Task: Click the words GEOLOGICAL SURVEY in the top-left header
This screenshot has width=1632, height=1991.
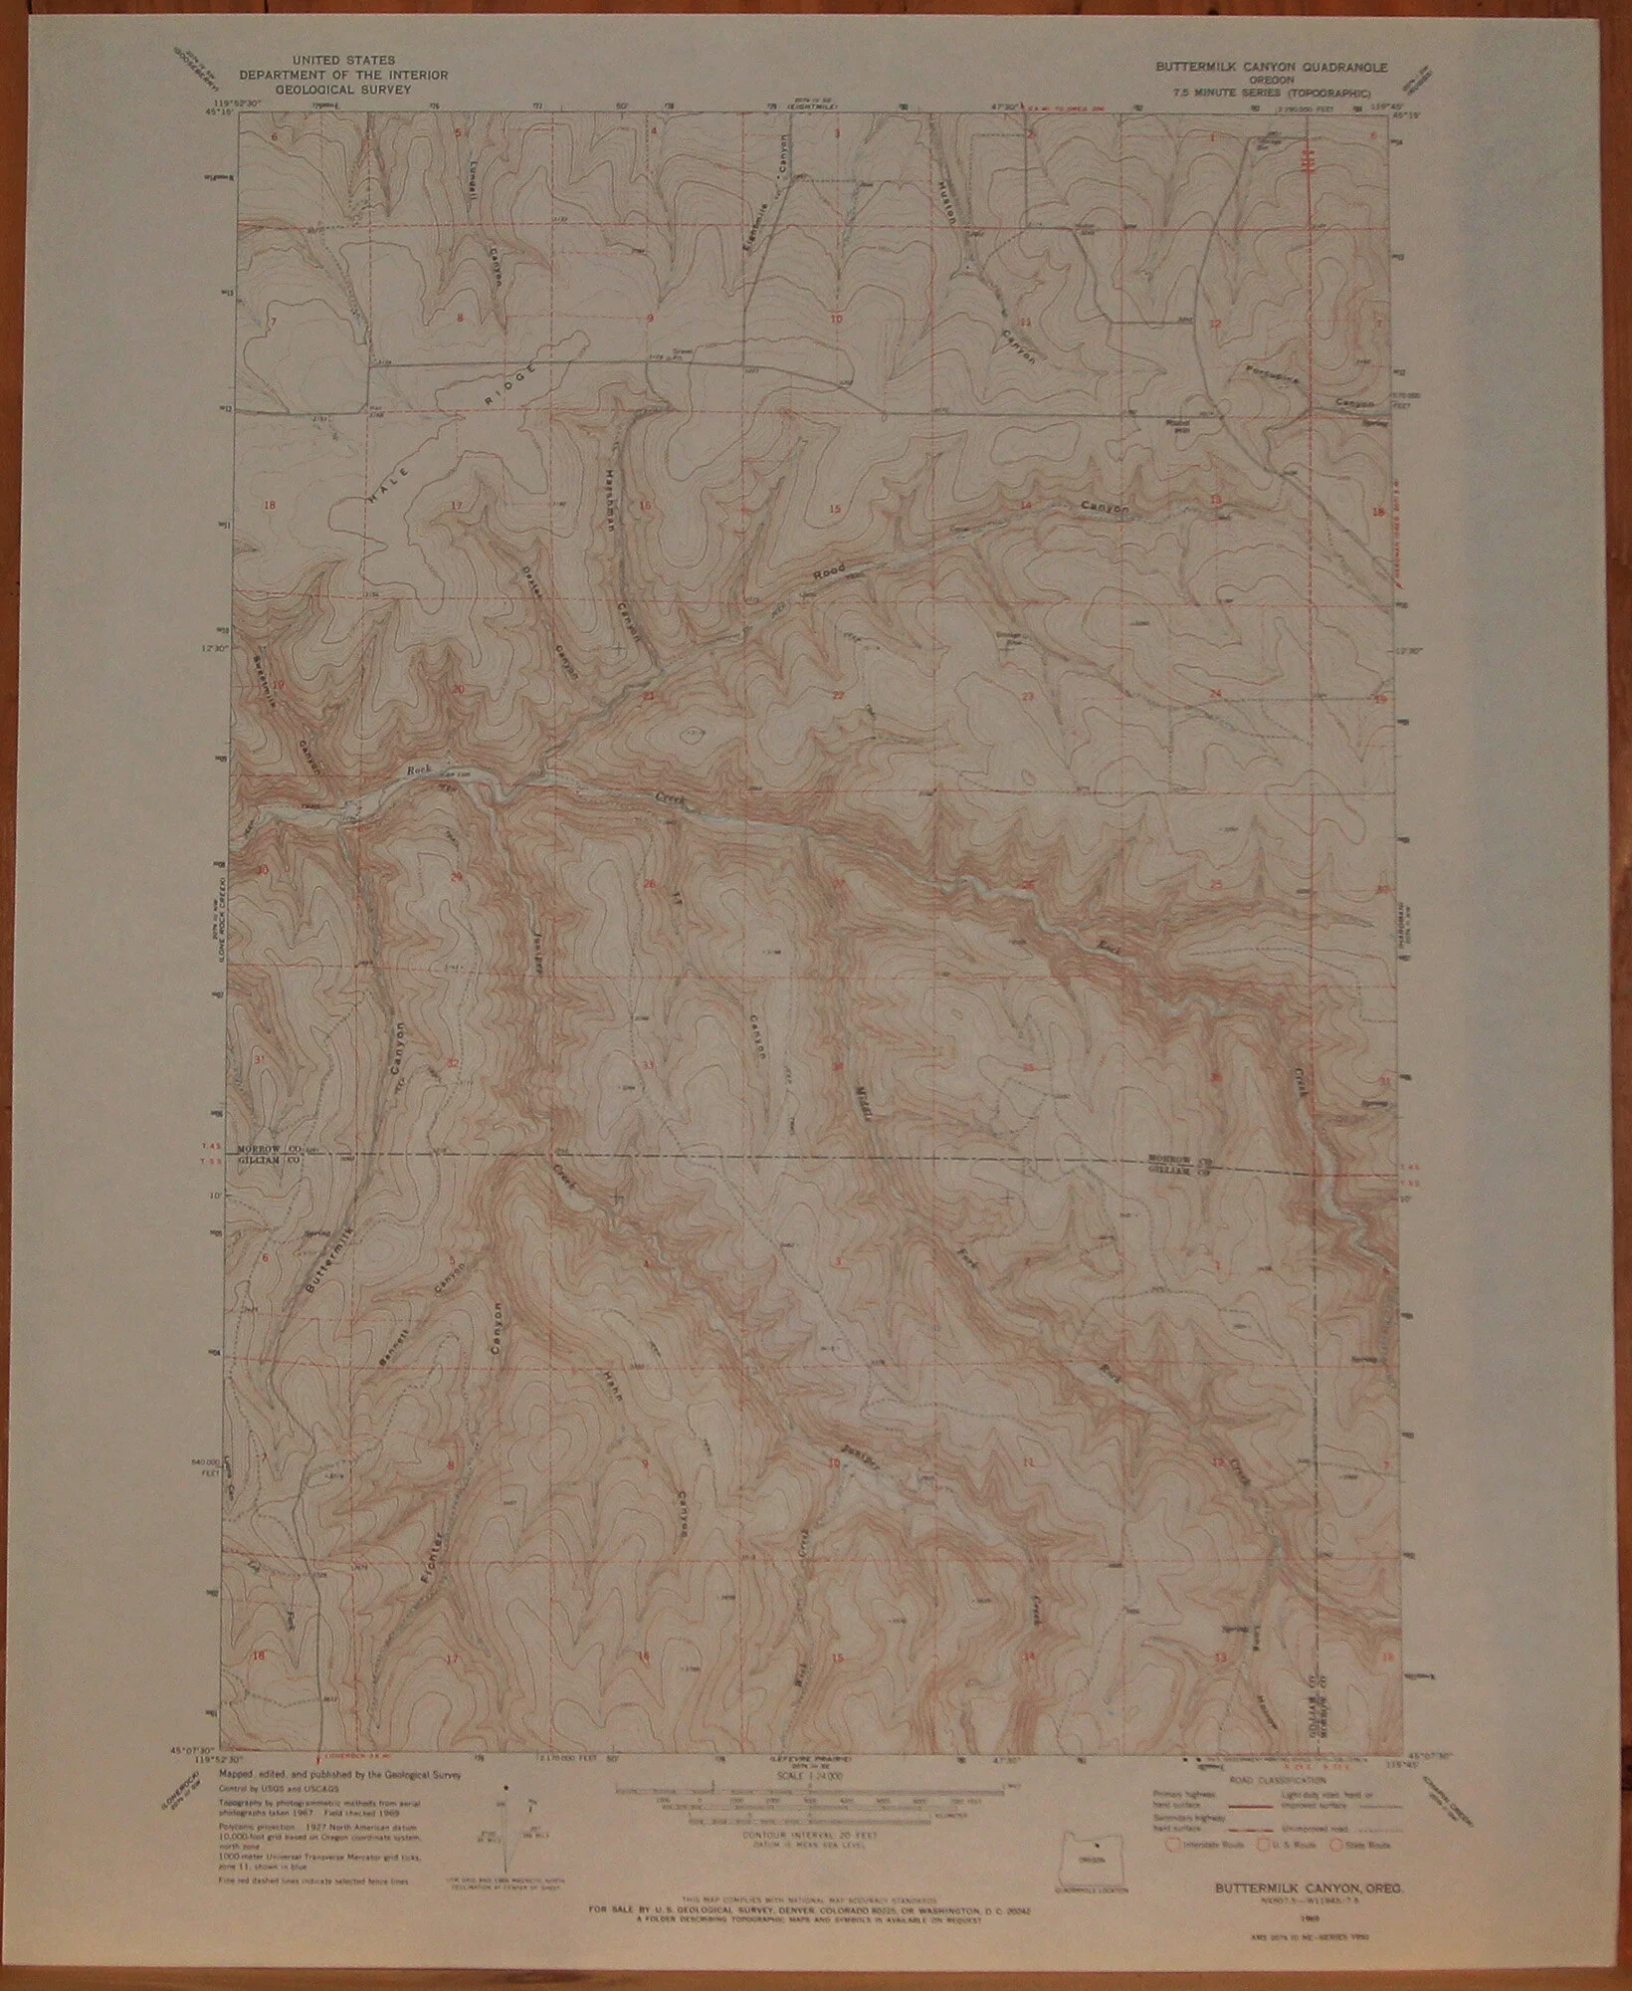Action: pyautogui.click(x=336, y=89)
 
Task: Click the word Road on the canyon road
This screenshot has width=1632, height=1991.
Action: pyautogui.click(x=827, y=572)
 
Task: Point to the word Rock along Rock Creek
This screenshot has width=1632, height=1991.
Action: pyautogui.click(x=418, y=769)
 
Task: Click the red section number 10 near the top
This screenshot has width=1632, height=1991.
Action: pyautogui.click(x=836, y=319)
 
